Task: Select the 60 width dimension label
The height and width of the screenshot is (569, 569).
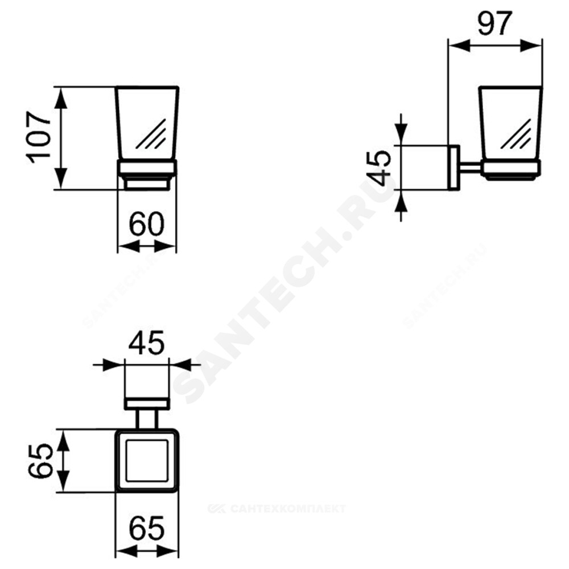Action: [147, 224]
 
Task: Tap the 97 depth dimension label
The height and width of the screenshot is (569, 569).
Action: [494, 23]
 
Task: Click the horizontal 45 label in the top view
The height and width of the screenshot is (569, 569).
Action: [147, 343]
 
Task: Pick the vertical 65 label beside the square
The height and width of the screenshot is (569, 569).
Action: [40, 461]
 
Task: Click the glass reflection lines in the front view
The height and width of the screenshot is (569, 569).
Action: [151, 134]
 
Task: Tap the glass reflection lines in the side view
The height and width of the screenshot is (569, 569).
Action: [516, 134]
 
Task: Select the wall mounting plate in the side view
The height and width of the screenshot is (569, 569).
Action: [453, 167]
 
